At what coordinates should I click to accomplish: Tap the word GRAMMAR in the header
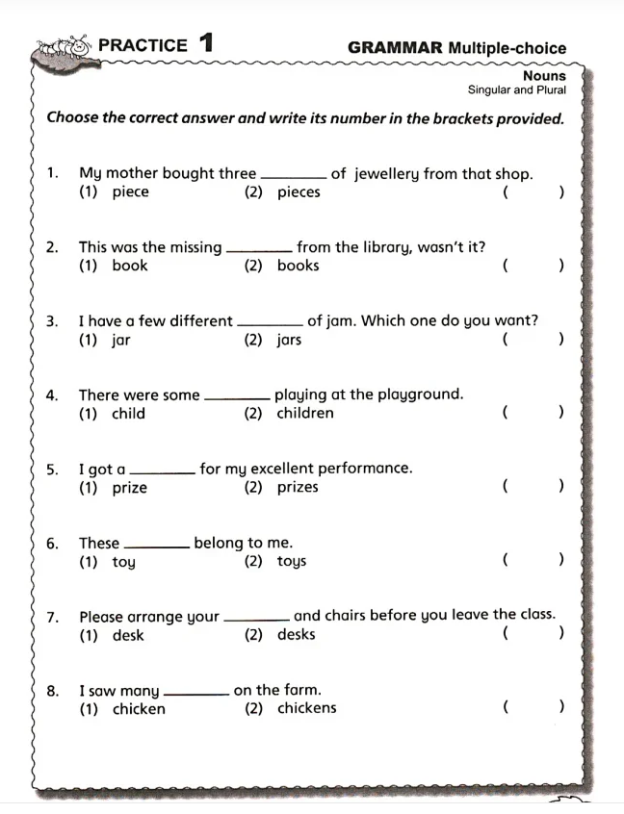pos(395,47)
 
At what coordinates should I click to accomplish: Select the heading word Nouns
pos(544,75)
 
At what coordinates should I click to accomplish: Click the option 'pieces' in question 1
pos(299,191)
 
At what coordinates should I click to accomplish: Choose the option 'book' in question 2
pos(130,266)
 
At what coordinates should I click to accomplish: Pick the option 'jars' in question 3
pos(289,340)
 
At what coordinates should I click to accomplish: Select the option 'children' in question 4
pos(305,414)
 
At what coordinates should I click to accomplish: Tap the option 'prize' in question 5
pos(130,488)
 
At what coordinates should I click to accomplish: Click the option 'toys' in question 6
pos(291,562)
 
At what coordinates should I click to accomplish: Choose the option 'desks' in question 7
pos(296,635)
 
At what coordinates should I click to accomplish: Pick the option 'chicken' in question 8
pos(139,709)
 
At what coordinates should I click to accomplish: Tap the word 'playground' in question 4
pos(420,394)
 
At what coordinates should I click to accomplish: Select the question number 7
pos(52,617)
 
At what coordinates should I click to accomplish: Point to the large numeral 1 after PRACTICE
pos(205,43)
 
